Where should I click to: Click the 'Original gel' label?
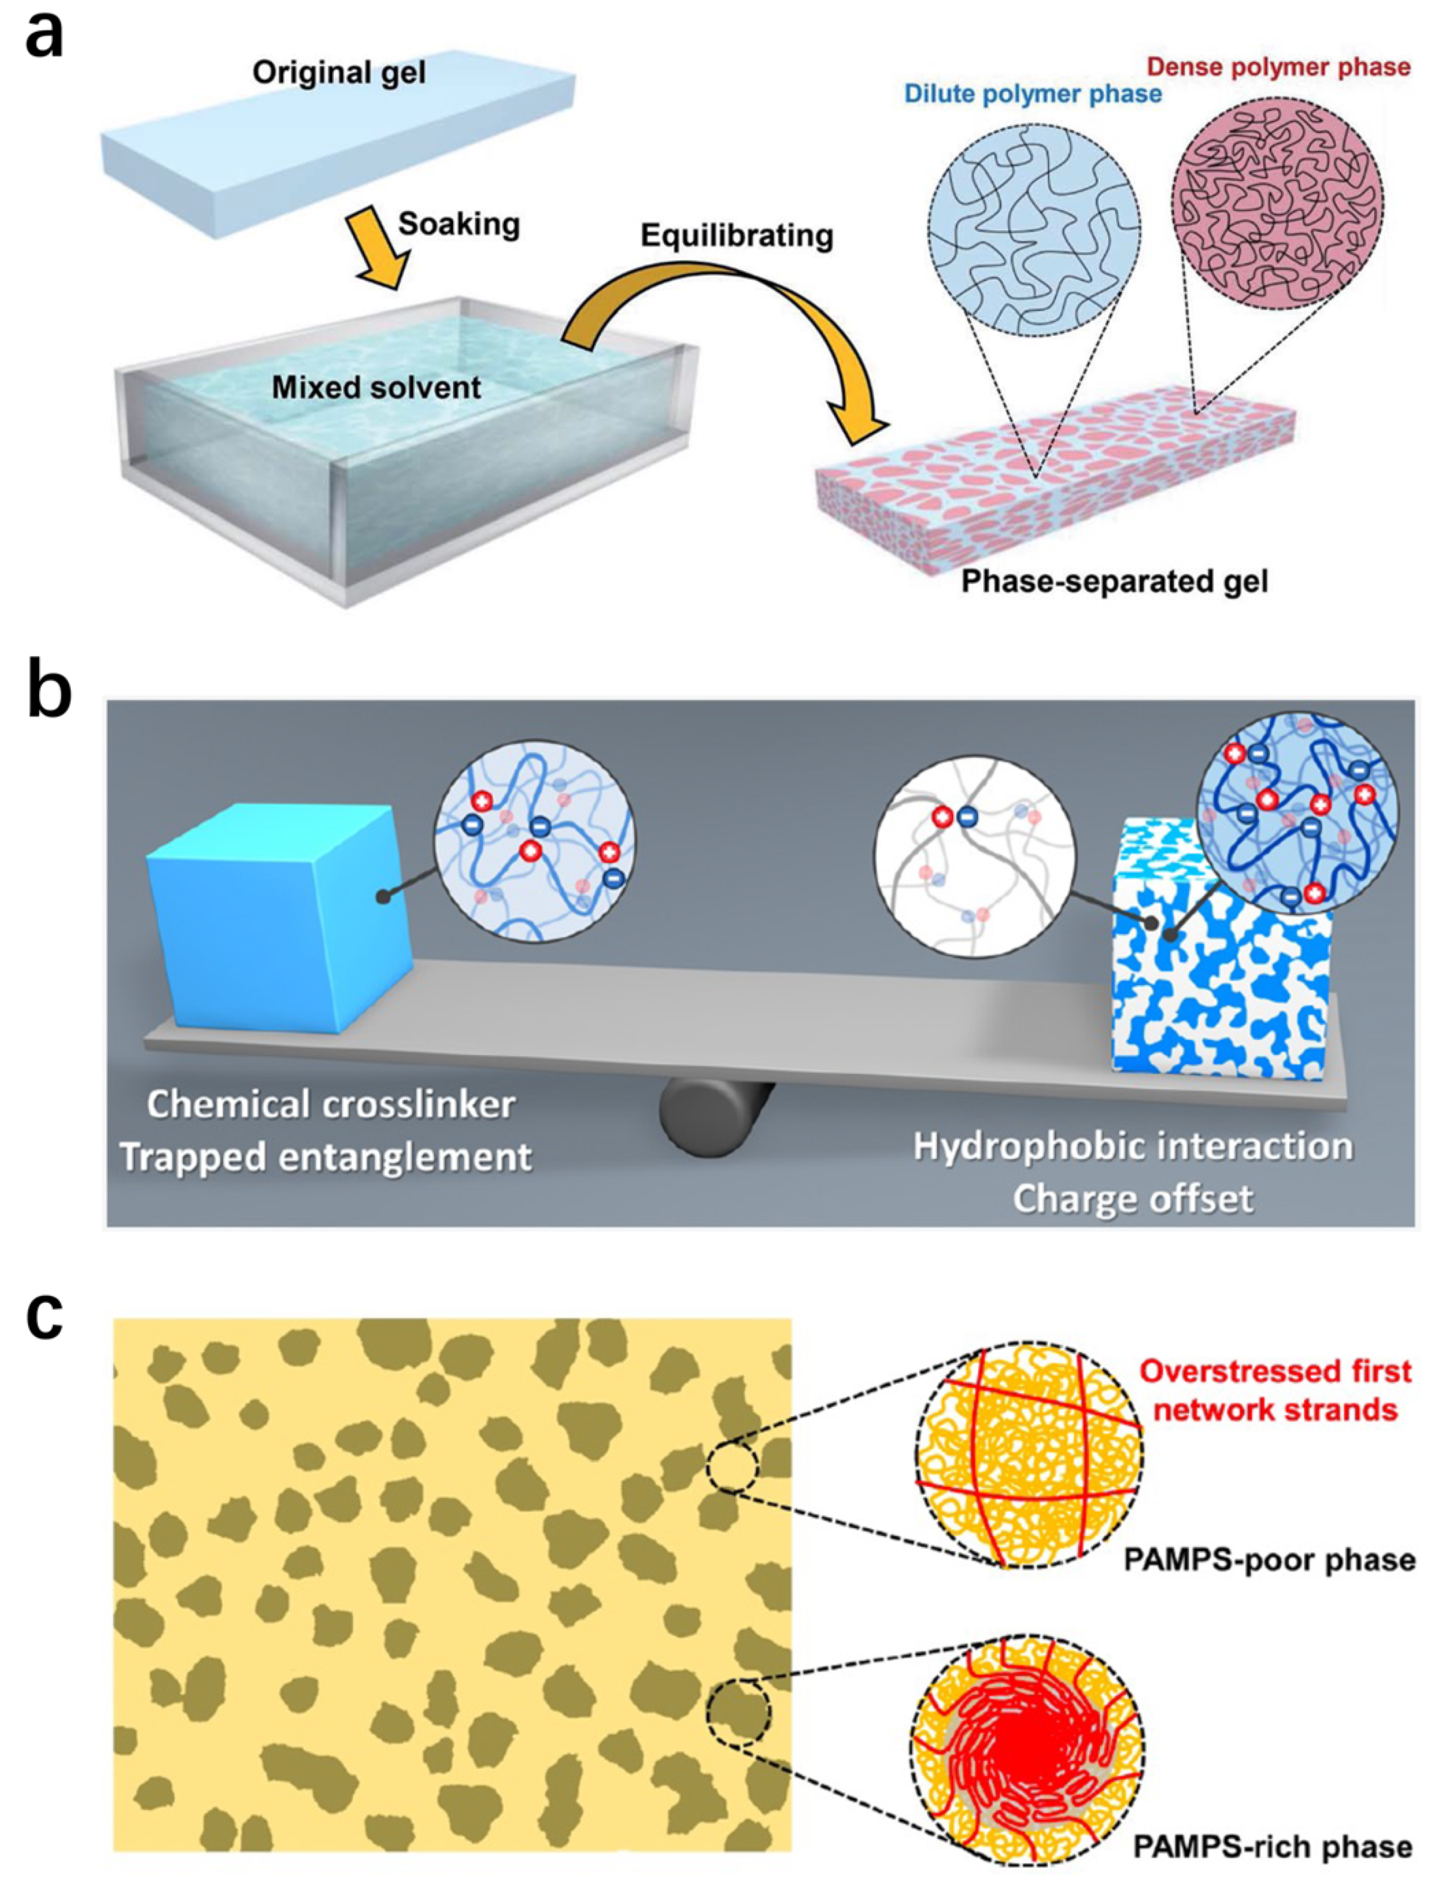click(339, 73)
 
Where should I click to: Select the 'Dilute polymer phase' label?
click(1032, 94)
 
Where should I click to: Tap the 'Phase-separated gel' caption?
click(1114, 582)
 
